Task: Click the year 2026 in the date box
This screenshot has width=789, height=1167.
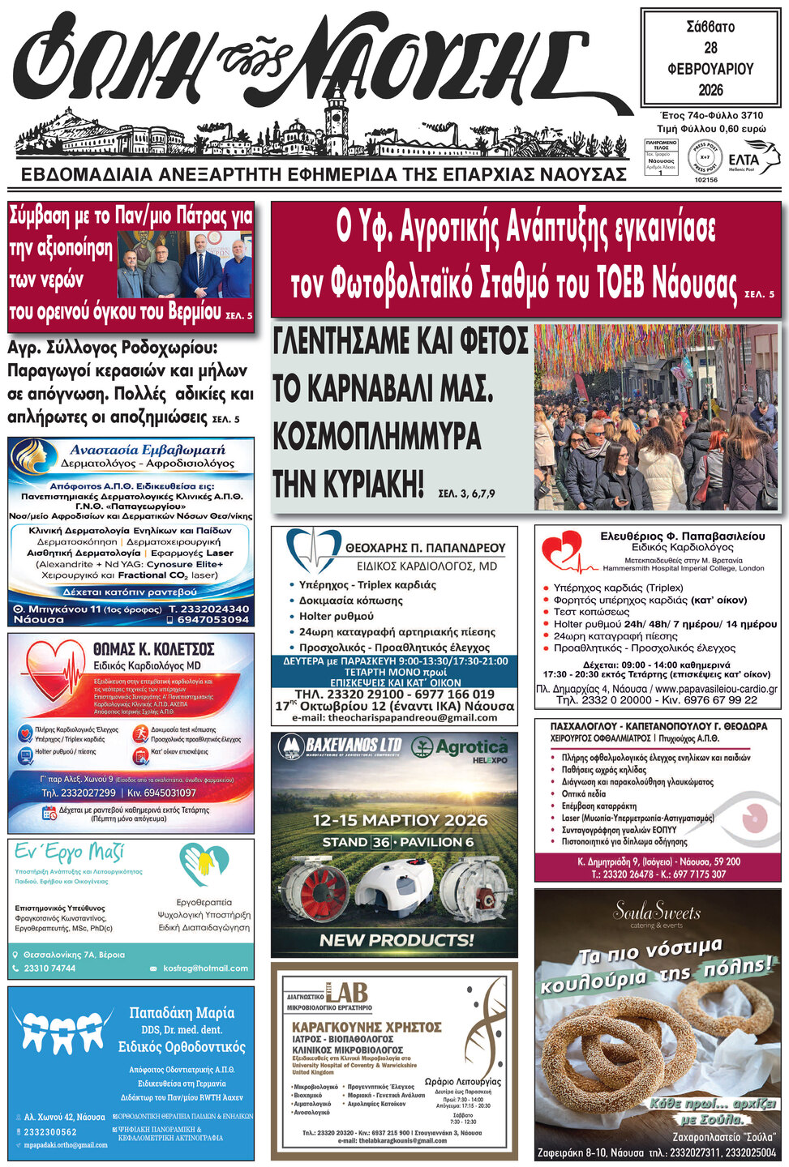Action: (x=710, y=89)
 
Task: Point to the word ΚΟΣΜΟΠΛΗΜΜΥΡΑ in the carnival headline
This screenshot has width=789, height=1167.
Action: (x=377, y=436)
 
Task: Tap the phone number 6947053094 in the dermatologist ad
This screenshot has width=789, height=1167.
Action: (x=212, y=619)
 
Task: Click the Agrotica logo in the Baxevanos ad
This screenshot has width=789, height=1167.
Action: (x=460, y=746)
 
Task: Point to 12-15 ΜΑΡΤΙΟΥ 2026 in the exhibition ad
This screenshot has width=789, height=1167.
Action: (x=401, y=819)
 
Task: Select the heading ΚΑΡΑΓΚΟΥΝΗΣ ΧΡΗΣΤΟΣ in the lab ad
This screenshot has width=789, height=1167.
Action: (x=367, y=1027)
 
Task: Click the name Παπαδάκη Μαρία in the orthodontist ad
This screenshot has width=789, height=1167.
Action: (x=182, y=1012)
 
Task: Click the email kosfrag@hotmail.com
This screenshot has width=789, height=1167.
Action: (x=206, y=968)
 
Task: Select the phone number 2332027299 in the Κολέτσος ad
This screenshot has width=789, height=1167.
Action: (x=79, y=793)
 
